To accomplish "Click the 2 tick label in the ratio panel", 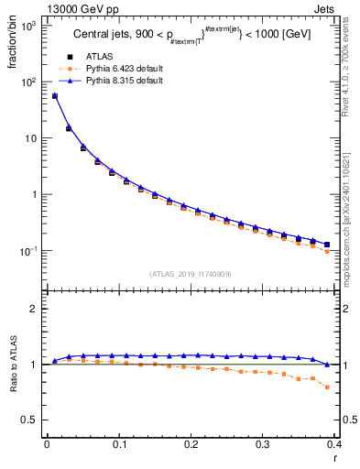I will tap(36, 309).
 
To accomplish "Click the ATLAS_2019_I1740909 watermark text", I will tap(190, 274).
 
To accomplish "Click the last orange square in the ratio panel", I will tap(327, 387).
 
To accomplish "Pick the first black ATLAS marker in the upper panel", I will tap(54, 96).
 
